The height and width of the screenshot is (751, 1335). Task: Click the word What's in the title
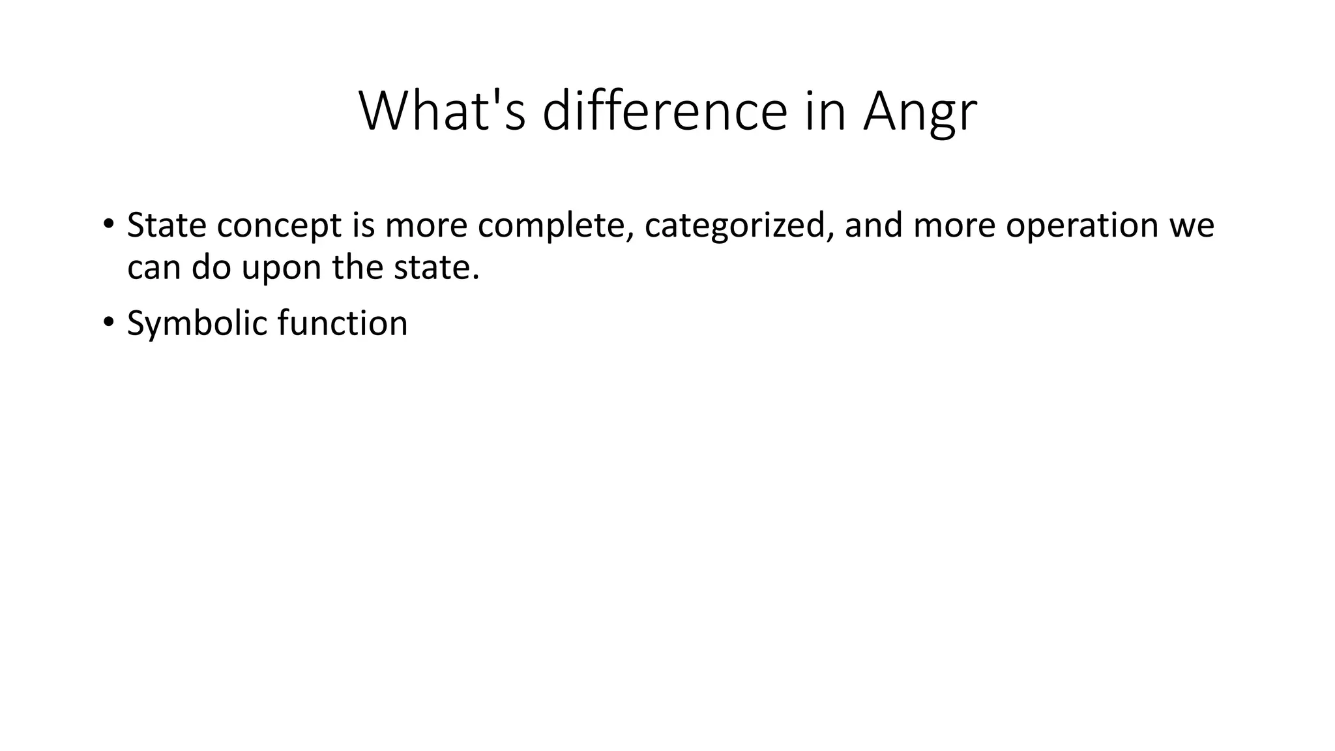point(442,111)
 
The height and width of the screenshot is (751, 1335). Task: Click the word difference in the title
point(665,111)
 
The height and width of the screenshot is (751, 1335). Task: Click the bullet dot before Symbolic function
point(108,323)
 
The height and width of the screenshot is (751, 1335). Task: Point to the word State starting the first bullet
point(166,225)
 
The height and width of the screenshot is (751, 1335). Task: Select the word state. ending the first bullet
point(436,267)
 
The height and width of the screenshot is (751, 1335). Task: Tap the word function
point(342,323)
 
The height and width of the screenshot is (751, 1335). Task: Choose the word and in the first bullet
point(873,225)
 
